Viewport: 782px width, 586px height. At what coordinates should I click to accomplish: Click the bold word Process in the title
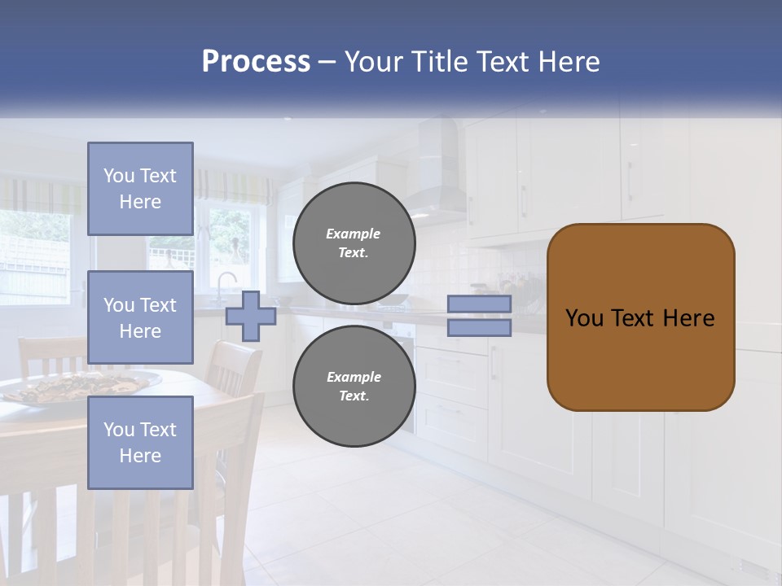[256, 62]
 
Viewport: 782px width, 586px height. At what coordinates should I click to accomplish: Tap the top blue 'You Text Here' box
[140, 189]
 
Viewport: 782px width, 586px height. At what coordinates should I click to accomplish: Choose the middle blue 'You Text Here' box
[140, 317]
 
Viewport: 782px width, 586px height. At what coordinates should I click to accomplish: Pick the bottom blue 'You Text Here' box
[140, 442]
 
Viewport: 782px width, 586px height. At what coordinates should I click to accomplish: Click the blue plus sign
[250, 316]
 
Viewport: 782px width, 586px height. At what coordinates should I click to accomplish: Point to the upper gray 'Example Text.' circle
[354, 243]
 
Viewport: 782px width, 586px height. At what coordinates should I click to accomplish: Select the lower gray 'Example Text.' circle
[354, 386]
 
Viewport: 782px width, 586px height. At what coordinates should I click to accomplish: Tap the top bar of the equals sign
[479, 304]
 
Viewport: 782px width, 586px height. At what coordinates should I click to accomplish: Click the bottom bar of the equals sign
[479, 328]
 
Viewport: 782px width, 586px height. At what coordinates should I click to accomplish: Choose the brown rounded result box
[640, 317]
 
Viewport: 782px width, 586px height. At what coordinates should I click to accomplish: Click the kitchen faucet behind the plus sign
[223, 285]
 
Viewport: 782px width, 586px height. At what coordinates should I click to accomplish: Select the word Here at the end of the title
[569, 62]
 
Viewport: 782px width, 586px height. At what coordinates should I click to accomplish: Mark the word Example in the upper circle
[354, 234]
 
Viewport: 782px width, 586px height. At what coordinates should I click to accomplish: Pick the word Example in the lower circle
[354, 377]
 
